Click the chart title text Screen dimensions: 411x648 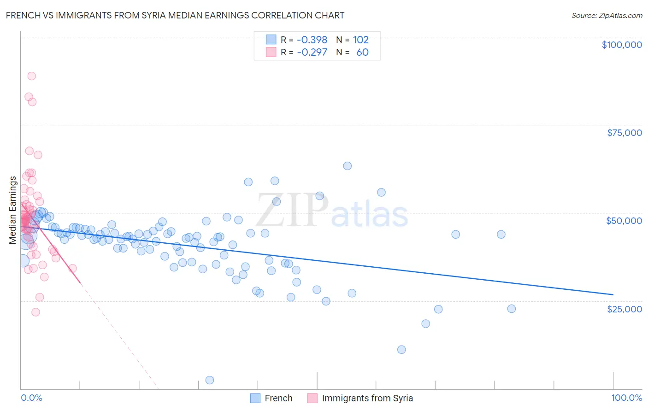(175, 15)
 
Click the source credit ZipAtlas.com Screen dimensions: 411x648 (607, 15)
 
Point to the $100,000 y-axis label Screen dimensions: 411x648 (621, 45)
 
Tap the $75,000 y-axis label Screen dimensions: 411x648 (624, 133)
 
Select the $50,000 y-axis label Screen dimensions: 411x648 (624, 221)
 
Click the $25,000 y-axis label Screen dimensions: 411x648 (624, 309)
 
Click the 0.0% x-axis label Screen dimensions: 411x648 (31, 398)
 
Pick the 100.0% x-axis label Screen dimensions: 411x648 (626, 398)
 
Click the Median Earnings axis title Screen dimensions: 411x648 (13, 210)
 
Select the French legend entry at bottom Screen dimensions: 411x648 (278, 398)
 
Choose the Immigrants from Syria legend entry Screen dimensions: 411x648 (367, 398)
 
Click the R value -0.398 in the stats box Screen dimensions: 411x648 (312, 40)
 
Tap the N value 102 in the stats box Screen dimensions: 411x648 (361, 40)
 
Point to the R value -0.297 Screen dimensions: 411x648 (312, 52)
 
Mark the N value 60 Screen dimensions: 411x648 (362, 52)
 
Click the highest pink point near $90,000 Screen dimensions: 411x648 (31, 76)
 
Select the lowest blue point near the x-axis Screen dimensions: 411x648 (210, 380)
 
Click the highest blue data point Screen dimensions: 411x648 (348, 166)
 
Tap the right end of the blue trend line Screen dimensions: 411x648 (613, 294)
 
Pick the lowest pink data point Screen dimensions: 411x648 (35, 312)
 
